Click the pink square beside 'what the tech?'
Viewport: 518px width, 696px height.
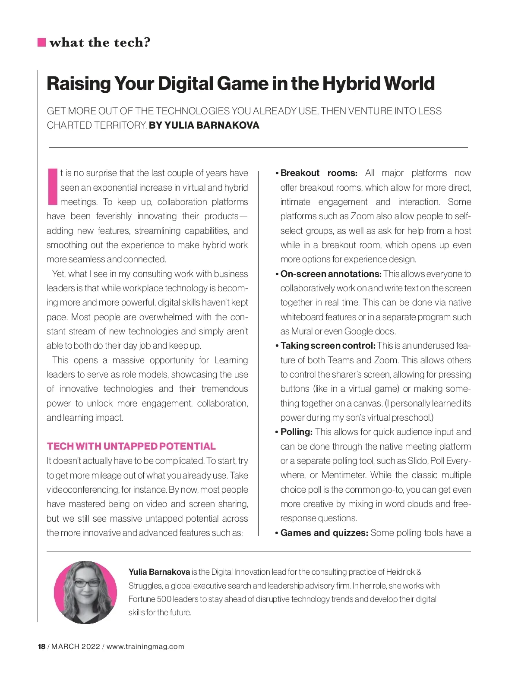click(42, 42)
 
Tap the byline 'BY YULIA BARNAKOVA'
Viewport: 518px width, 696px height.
click(204, 126)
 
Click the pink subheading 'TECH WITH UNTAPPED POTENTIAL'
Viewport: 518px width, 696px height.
click(131, 446)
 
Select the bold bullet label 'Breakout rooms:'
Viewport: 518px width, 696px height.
click(319, 173)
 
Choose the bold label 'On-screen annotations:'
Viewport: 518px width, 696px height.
click(331, 274)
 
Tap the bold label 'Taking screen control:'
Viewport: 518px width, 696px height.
click(328, 346)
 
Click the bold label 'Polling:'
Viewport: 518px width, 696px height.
click(296, 432)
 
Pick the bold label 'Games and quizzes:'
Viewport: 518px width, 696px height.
click(324, 533)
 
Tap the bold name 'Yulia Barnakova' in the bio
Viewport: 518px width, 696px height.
click(159, 572)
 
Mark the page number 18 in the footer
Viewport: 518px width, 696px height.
click(41, 646)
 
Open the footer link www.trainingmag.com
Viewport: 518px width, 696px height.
click(145, 646)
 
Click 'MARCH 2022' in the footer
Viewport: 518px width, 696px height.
click(76, 646)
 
